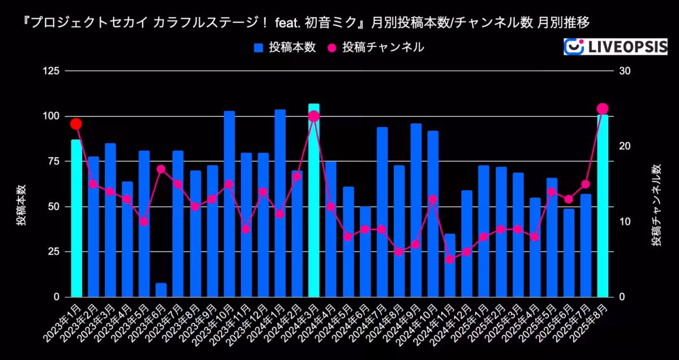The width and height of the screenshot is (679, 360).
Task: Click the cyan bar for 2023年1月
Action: pyautogui.click(x=76, y=218)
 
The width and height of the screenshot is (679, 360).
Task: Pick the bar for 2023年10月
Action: pyautogui.click(x=229, y=204)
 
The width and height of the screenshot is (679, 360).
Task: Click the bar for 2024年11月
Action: pyautogui.click(x=450, y=265)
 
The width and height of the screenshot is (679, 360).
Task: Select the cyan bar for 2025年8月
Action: pyautogui.click(x=603, y=207)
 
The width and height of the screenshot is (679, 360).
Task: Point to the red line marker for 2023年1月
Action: pyautogui.click(x=76, y=124)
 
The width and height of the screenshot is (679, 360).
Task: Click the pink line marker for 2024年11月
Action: pyautogui.click(x=450, y=259)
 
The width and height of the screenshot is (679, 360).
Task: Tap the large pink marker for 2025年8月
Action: pyautogui.click(x=603, y=109)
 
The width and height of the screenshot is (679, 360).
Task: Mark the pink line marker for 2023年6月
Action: pyautogui.click(x=161, y=169)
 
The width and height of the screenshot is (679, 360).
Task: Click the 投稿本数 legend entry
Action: pyautogui.click(x=285, y=48)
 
